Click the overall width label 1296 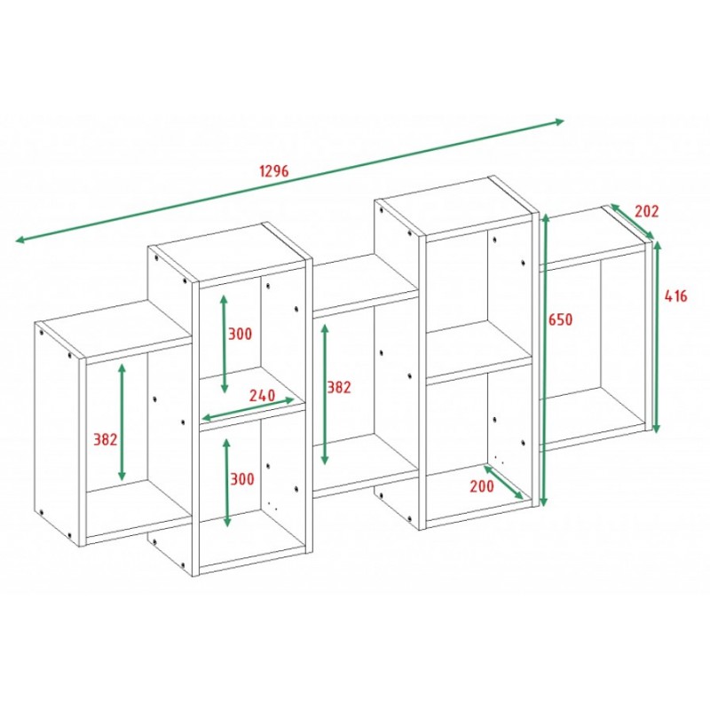[274, 170]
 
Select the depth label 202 [646, 211]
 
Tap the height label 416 [675, 296]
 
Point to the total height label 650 [561, 319]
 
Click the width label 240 [262, 395]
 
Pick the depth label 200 [482, 486]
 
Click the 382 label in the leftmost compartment [105, 439]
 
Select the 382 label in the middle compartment [339, 387]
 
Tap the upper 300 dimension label [240, 335]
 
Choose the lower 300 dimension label [242, 478]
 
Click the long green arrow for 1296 [290, 180]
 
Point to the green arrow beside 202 [632, 221]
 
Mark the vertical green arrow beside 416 [657, 337]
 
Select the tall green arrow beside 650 [545, 360]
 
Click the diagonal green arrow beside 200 [503, 482]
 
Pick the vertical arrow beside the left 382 [122, 422]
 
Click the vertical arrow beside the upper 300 [225, 343]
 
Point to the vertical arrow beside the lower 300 [227, 483]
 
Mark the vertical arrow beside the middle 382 [325, 394]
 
